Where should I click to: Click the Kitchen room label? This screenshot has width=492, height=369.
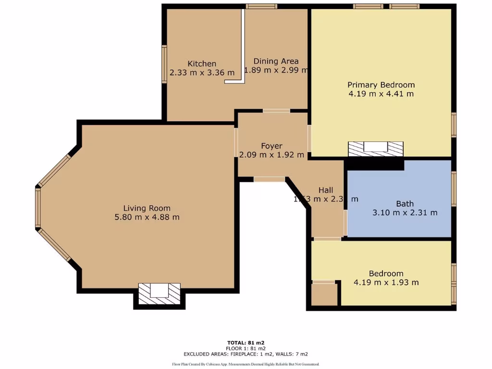[202, 63]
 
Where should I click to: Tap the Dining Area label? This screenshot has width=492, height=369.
[276, 61]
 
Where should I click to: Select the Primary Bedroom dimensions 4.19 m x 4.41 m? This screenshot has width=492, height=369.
[381, 94]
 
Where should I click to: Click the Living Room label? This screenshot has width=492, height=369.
[147, 208]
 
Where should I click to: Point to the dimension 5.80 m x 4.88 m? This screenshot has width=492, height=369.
[147, 217]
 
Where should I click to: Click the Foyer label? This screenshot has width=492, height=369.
[271, 146]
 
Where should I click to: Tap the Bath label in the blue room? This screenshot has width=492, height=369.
[405, 203]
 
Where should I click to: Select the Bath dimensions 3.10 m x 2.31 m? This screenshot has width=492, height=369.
[405, 212]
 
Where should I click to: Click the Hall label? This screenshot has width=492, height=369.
[325, 190]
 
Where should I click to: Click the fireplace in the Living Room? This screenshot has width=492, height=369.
[159, 293]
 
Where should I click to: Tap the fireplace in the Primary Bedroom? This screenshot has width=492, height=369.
[375, 148]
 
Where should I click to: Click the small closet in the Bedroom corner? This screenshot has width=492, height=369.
[324, 294]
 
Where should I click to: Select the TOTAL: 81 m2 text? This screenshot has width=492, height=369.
[246, 343]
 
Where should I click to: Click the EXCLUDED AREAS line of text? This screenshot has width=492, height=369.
[246, 354]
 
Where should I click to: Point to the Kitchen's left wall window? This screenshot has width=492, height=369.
[164, 64]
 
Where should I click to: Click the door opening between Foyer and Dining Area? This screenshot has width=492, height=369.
[276, 111]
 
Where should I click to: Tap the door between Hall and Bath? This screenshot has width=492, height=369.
[345, 222]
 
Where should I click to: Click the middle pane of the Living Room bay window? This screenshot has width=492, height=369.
[37, 207]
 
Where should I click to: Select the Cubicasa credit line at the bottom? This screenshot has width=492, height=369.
[246, 364]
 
